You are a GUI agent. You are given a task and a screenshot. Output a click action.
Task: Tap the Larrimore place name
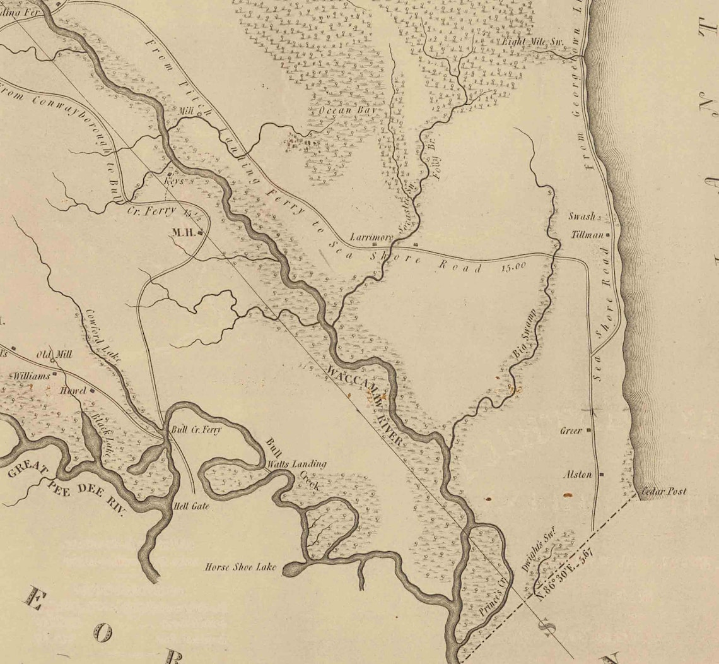(x=371, y=238)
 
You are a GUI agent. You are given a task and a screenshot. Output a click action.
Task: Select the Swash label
(x=582, y=216)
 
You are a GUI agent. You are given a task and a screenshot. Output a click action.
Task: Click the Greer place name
(x=571, y=431)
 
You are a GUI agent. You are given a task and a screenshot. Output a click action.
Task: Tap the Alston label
(x=577, y=475)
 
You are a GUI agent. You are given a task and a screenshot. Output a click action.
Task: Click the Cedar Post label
(x=663, y=491)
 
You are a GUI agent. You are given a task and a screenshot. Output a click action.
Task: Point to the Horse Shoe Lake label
(x=240, y=567)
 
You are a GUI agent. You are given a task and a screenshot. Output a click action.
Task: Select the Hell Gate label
(x=190, y=506)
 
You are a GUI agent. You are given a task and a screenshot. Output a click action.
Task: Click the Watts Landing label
(x=297, y=464)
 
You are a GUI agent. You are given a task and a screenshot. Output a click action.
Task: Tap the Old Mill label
(x=54, y=354)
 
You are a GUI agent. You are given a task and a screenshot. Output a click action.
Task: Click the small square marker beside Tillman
(x=608, y=235)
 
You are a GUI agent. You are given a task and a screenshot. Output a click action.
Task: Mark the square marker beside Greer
(x=588, y=430)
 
